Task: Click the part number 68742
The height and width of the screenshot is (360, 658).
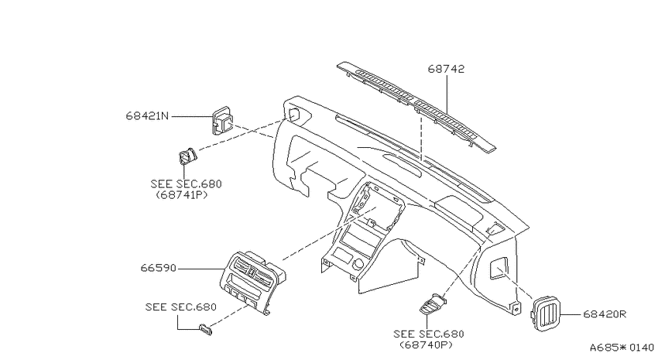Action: (x=446, y=69)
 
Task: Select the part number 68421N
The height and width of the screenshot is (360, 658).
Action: (x=147, y=116)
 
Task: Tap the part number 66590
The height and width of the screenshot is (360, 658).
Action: (x=158, y=268)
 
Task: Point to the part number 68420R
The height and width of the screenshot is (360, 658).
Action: (x=605, y=314)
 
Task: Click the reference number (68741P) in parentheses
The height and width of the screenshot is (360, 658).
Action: (x=181, y=195)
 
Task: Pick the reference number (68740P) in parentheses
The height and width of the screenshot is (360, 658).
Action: (x=426, y=345)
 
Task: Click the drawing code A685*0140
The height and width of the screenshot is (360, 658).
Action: (x=622, y=348)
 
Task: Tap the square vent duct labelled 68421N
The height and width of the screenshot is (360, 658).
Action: (x=222, y=121)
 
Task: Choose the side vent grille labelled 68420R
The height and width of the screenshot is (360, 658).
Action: (x=545, y=314)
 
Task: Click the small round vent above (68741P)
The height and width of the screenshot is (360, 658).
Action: (x=187, y=156)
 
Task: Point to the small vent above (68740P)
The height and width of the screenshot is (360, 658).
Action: (x=433, y=305)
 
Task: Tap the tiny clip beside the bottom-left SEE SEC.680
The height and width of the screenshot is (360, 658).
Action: (x=205, y=330)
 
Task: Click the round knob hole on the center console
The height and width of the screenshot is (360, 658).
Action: (x=358, y=264)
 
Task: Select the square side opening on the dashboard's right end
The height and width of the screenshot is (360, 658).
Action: (x=499, y=268)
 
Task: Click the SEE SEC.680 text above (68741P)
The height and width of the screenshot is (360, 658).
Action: (x=186, y=183)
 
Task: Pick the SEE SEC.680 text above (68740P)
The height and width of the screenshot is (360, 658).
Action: (x=428, y=334)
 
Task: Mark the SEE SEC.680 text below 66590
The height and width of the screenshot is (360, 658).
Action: (x=181, y=307)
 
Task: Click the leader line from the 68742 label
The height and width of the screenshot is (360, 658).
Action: (x=447, y=94)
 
